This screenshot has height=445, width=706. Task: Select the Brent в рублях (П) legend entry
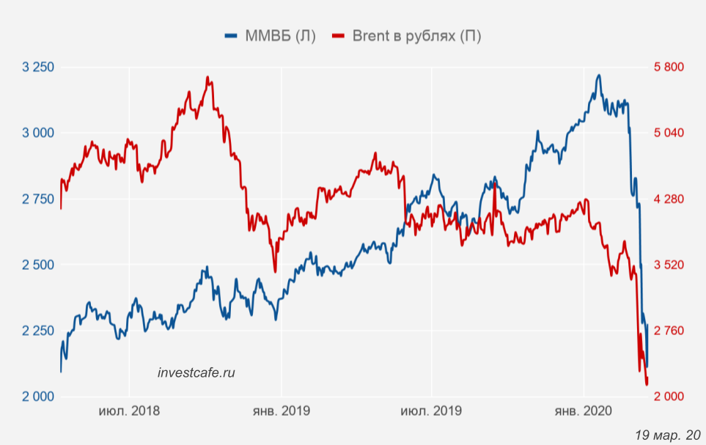[x=407, y=36]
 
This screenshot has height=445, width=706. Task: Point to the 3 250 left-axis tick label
[x=39, y=67]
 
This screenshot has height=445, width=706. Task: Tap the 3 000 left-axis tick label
[x=39, y=133]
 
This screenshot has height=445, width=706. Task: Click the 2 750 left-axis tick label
[x=39, y=199]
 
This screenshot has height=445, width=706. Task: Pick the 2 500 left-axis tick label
[x=39, y=265]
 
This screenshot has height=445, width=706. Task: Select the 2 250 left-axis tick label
[x=39, y=331]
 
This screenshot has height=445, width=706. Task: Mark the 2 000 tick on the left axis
[x=39, y=397]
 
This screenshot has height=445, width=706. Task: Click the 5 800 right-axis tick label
[x=668, y=67]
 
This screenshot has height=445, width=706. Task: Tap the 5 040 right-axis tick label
[x=668, y=133]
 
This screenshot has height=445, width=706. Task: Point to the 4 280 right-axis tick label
[x=668, y=199]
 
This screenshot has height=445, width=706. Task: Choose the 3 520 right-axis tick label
[x=668, y=265]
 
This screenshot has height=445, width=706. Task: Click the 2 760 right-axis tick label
[x=668, y=331]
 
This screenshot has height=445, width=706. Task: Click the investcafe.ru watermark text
[x=196, y=372]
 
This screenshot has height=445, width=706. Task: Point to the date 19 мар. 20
[x=667, y=435]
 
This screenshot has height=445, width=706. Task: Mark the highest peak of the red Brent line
[x=208, y=77]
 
